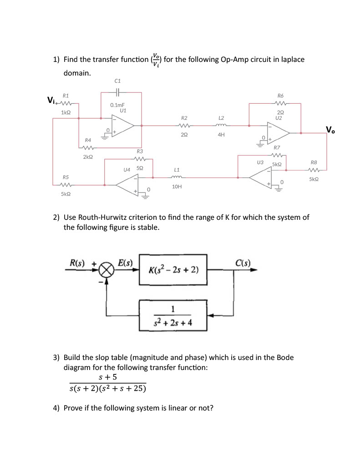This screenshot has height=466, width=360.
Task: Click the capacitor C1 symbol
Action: click(x=117, y=92)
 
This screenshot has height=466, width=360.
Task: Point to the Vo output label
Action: click(x=330, y=131)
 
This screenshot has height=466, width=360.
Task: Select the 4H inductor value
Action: click(x=221, y=135)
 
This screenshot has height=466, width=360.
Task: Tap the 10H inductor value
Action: click(x=177, y=187)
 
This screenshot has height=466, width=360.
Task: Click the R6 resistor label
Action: click(x=280, y=96)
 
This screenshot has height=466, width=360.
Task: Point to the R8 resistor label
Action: click(x=314, y=162)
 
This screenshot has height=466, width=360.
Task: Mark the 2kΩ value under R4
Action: click(x=88, y=157)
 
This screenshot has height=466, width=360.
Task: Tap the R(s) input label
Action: click(x=79, y=263)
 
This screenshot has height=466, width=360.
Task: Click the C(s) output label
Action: click(x=244, y=263)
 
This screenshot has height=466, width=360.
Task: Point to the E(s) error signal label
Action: click(x=125, y=263)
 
